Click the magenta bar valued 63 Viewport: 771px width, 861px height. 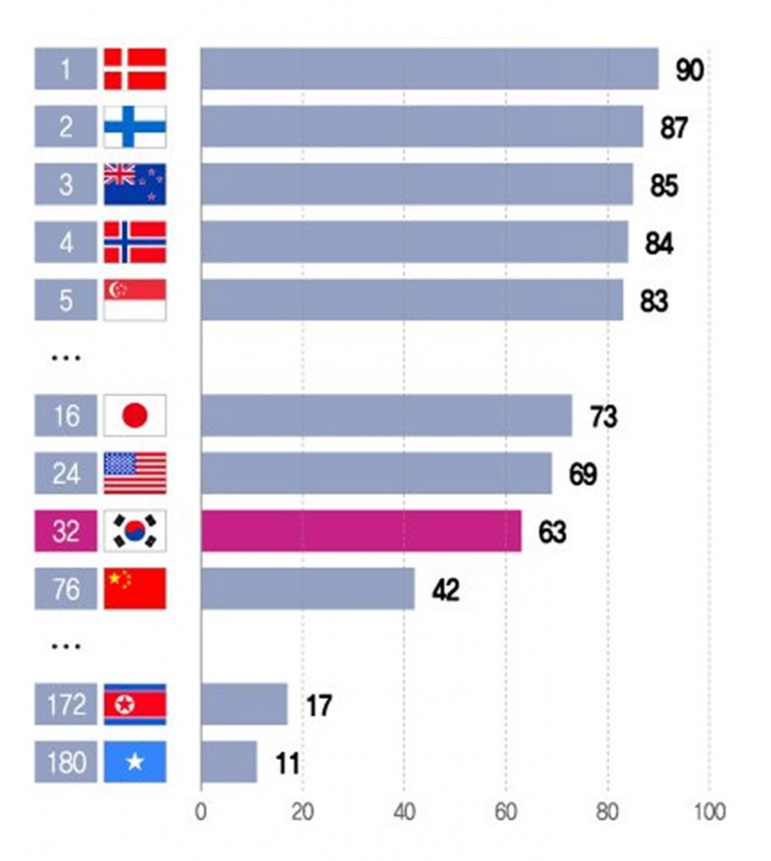pos(361,531)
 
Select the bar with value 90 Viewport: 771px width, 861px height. pos(429,69)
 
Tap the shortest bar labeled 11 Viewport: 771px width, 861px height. pos(229,762)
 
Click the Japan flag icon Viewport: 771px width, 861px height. pos(135,415)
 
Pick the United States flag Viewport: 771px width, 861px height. pos(135,473)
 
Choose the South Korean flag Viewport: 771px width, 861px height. pos(135,531)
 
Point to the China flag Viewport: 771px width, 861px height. pos(135,589)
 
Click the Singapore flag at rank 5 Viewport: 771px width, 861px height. pos(135,300)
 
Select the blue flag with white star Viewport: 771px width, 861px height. pos(135,762)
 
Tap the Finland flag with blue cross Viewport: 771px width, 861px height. pos(135,127)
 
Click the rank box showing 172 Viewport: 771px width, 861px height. pos(66,705)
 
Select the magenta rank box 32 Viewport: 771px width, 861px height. pos(66,531)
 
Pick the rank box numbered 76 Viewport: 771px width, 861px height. pos(66,589)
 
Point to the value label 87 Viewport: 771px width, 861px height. pos(673,128)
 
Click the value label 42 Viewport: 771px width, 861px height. pos(446,590)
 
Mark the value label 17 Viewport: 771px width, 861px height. pos(319,705)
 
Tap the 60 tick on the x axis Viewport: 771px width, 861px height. pos(505,813)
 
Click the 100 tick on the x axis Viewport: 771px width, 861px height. pos(710,813)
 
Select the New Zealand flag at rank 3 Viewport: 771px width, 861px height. pos(135,184)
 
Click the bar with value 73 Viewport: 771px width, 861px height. pos(386,415)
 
